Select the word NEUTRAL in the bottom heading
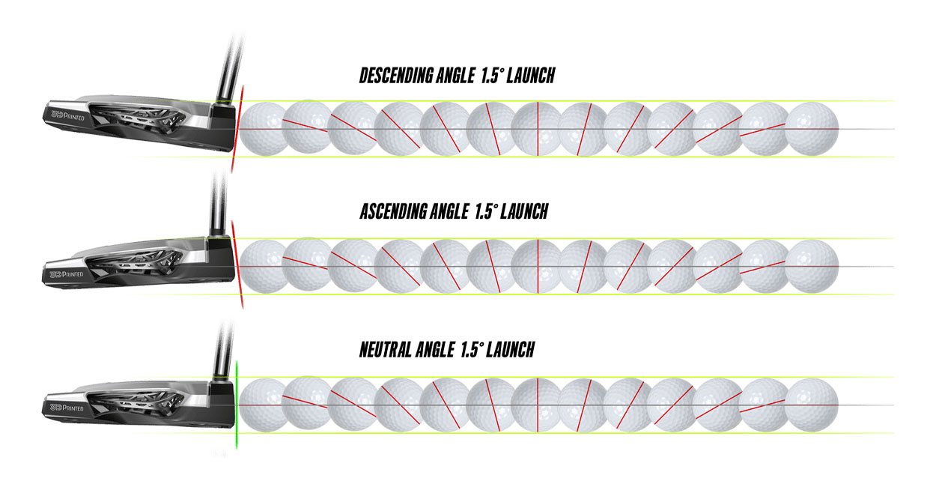pos(385,349)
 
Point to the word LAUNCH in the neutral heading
pos(510,349)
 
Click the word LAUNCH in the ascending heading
pos(524,211)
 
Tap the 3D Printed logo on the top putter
pos(67,115)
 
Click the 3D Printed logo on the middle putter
pos(67,274)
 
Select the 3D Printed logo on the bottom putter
pos(67,408)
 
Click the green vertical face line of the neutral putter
pos(237,405)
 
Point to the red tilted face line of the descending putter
pos(237,129)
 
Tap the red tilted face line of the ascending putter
pos(237,264)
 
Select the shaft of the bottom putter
pos(222,351)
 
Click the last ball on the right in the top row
pos(812,129)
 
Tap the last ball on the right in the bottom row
pos(812,405)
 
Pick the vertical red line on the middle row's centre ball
pos(538,266)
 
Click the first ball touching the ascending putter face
pos(264,266)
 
